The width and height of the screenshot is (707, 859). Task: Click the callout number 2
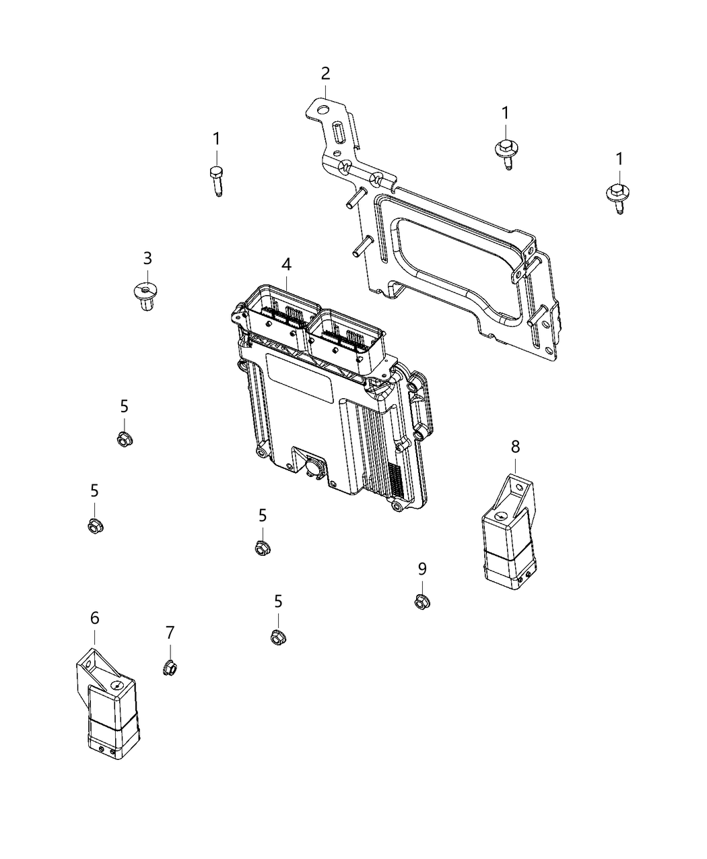point(325,73)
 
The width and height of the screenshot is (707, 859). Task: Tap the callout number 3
point(147,258)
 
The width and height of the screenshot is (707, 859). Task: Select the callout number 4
point(287,265)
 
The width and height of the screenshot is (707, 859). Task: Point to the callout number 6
point(94,617)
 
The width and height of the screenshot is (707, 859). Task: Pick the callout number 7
point(170,632)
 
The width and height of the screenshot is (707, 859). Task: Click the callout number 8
point(515,445)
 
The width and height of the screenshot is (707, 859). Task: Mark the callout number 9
point(422,569)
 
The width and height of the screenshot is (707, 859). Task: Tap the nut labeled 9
point(422,600)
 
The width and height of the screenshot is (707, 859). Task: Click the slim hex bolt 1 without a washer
point(216,179)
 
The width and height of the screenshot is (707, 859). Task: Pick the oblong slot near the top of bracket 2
point(337,130)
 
